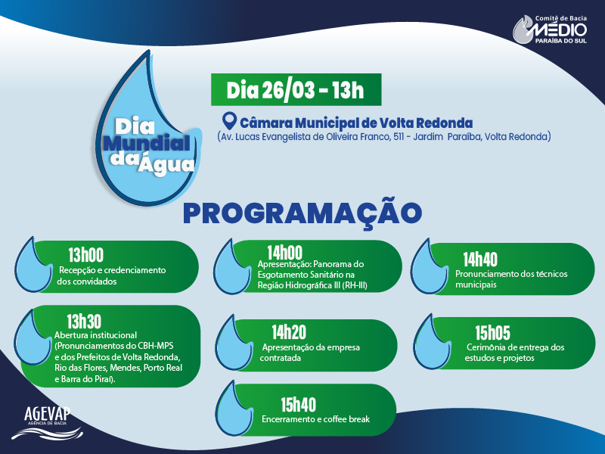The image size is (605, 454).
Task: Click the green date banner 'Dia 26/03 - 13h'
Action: tap(296, 91)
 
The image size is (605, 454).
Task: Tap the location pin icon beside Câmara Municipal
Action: tap(229, 122)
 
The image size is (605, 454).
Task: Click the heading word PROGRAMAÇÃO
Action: tap(302, 213)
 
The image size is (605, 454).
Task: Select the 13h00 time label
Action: tap(85, 254)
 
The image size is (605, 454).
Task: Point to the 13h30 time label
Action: tap(84, 319)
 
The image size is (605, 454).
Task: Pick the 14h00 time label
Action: tap(284, 252)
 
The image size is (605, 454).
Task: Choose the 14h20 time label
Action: tap(289, 331)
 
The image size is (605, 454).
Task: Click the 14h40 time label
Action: tap(480, 259)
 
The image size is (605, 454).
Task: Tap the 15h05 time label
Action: tap(492, 332)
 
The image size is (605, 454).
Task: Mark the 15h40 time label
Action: tap(298, 403)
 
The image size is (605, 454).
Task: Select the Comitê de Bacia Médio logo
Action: tap(550, 29)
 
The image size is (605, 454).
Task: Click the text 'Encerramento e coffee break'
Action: tap(315, 418)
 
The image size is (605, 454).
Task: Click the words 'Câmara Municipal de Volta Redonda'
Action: tap(356, 123)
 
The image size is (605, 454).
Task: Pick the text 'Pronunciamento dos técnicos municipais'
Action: tap(511, 279)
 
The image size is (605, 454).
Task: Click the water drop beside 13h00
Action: tap(33, 266)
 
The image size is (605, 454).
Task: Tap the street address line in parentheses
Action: tap(383, 137)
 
